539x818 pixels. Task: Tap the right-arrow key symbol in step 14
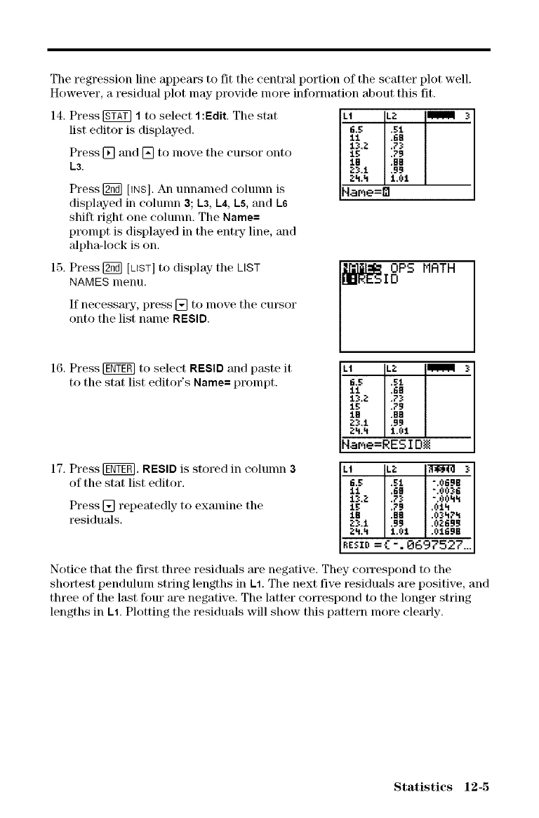point(101,153)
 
